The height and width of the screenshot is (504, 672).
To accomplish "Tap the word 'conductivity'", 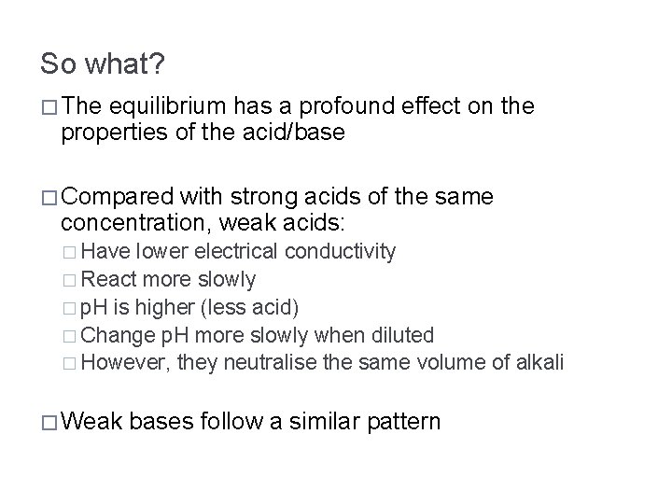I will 341,251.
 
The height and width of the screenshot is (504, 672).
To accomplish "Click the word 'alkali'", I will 538,362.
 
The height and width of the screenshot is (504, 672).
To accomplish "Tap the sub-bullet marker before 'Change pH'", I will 72,335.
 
